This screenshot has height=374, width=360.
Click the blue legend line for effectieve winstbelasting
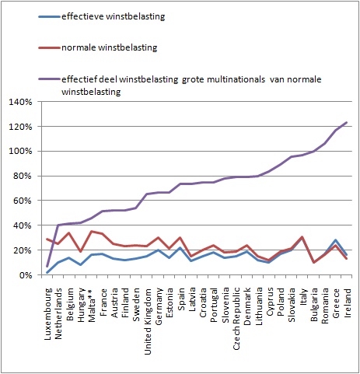tap(49, 17)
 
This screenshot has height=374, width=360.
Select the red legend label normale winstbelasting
tap(110, 47)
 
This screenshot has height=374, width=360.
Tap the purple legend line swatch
tap(49, 79)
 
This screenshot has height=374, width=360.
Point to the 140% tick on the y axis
tap(20, 102)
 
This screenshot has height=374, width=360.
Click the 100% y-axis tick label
tap(20, 151)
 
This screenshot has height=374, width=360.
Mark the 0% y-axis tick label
tap(25, 275)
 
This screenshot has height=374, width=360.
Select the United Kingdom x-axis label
tap(148, 321)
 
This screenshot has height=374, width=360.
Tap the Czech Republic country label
tap(236, 319)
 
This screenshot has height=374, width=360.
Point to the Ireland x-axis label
tap(348, 302)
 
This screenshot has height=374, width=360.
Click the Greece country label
tap(337, 302)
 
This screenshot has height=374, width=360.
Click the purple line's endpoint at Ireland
tap(347, 122)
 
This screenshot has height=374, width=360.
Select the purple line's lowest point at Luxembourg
tap(47, 266)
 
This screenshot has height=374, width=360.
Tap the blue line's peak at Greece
tap(335, 240)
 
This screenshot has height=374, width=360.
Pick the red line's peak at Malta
tap(92, 231)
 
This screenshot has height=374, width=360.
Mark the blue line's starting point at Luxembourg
tap(47, 272)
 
